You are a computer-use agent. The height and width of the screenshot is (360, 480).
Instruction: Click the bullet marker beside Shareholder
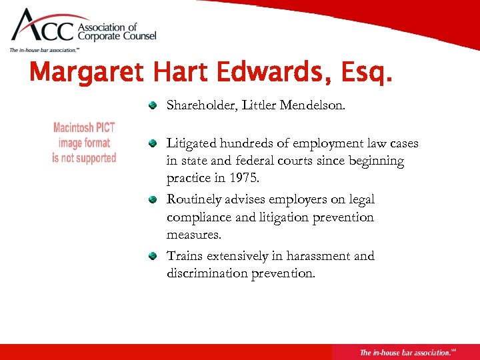point(153,105)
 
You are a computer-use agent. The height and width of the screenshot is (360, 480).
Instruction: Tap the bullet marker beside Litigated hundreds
point(153,143)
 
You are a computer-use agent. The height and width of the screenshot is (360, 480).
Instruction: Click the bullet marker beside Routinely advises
point(153,199)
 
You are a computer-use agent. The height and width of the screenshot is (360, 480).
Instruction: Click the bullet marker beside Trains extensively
point(153,256)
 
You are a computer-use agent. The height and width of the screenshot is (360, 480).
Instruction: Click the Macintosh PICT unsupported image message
point(84,143)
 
